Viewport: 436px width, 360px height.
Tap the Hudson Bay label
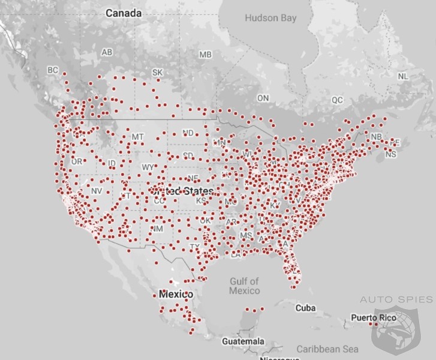click(x=270, y=18)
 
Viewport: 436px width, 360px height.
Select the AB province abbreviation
click(x=107, y=53)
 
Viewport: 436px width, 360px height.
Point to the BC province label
click(x=53, y=70)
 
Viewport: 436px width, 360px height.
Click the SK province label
click(x=157, y=73)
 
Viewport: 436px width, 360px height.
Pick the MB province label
click(x=206, y=55)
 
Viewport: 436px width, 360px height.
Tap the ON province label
click(x=263, y=98)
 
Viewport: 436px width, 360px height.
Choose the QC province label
click(x=338, y=100)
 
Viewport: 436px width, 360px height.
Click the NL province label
click(x=402, y=76)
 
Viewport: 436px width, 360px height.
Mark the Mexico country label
click(x=176, y=295)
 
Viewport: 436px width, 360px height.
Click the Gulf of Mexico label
click(x=244, y=286)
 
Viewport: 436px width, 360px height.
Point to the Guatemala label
click(x=242, y=341)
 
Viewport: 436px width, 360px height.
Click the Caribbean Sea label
click(x=327, y=349)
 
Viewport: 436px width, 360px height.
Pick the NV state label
click(x=97, y=191)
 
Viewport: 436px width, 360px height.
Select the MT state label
click(x=138, y=137)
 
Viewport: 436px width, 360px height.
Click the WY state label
click(x=148, y=167)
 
